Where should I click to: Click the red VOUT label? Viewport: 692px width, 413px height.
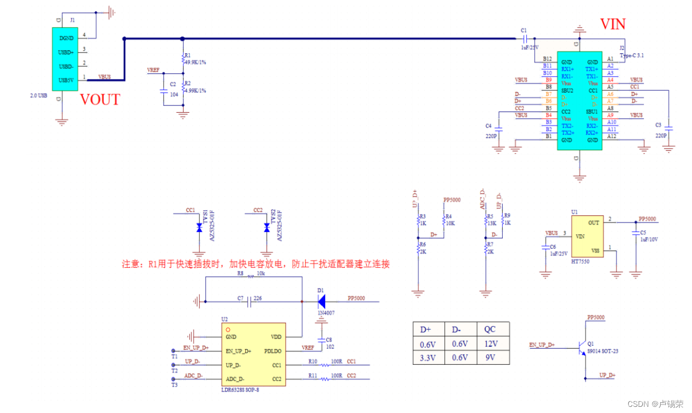click(100, 100)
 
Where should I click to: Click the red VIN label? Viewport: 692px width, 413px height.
click(612, 24)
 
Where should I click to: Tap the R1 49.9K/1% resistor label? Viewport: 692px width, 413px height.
click(195, 62)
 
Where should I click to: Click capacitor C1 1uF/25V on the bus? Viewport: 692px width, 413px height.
click(525, 39)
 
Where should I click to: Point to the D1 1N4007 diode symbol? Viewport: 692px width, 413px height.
click(321, 302)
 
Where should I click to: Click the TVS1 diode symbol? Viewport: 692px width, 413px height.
click(198, 228)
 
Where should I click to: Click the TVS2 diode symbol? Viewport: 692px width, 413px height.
click(266, 228)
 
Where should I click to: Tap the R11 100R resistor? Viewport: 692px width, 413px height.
click(325, 379)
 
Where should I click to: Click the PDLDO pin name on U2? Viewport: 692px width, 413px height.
click(273, 351)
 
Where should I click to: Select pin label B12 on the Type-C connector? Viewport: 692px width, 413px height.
click(547, 58)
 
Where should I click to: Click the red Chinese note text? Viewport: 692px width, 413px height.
click(255, 264)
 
